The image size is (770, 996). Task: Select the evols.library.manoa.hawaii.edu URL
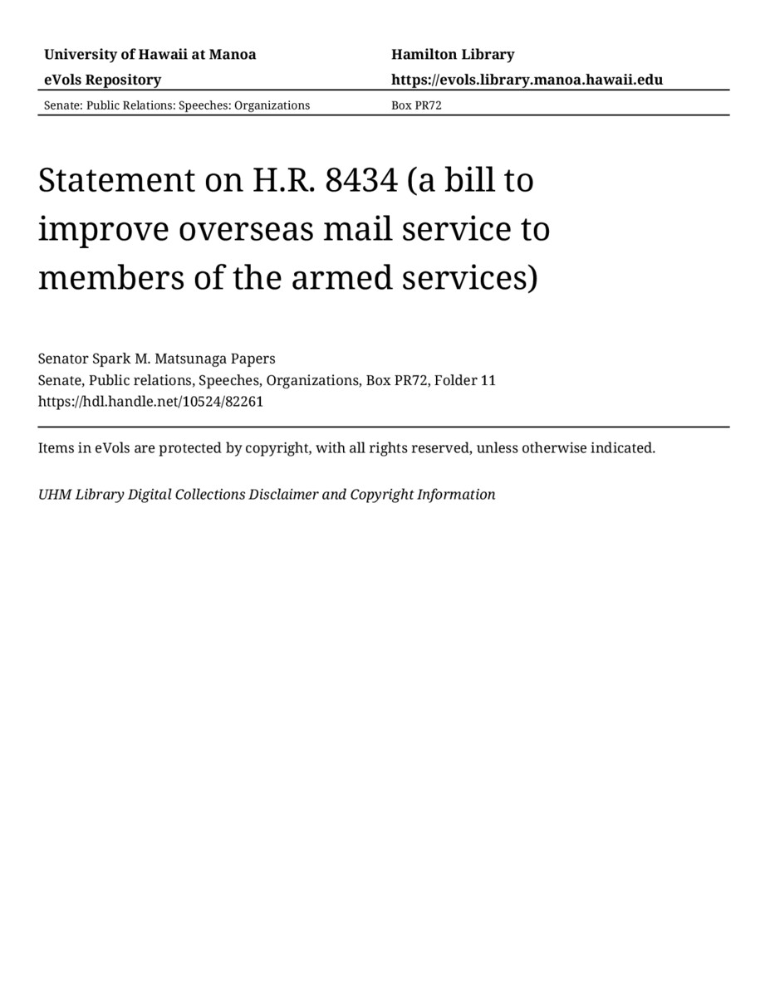pyautogui.click(x=527, y=80)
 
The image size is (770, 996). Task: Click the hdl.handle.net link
pyautogui.click(x=150, y=402)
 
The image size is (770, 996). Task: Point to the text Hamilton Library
pyautogui.click(x=453, y=55)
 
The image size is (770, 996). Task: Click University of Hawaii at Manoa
pyautogui.click(x=150, y=55)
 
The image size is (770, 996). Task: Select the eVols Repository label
pyautogui.click(x=102, y=80)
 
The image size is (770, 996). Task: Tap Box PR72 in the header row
pyautogui.click(x=416, y=105)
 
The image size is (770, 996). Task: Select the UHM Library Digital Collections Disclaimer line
pyautogui.click(x=267, y=495)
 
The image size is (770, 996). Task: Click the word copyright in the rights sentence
pyautogui.click(x=277, y=448)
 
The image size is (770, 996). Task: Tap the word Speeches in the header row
pyautogui.click(x=204, y=105)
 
